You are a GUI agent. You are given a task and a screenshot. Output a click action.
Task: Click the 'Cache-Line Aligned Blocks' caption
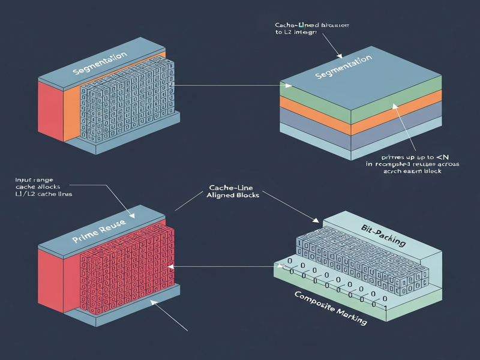(233, 191)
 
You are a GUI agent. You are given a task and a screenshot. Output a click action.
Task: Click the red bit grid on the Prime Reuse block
(126, 267)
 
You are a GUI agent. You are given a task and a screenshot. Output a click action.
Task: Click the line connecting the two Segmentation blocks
(228, 86)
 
